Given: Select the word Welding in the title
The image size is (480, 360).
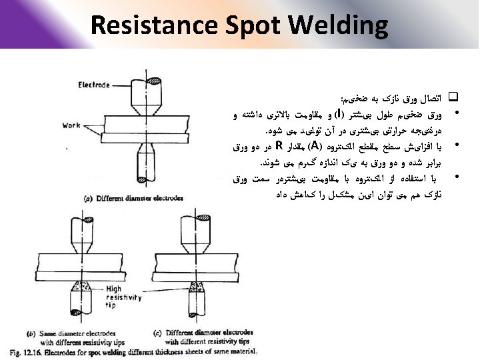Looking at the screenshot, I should (339, 25).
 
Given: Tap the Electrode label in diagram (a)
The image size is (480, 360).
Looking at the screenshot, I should (94, 85).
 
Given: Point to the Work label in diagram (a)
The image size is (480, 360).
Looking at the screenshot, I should (71, 125).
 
